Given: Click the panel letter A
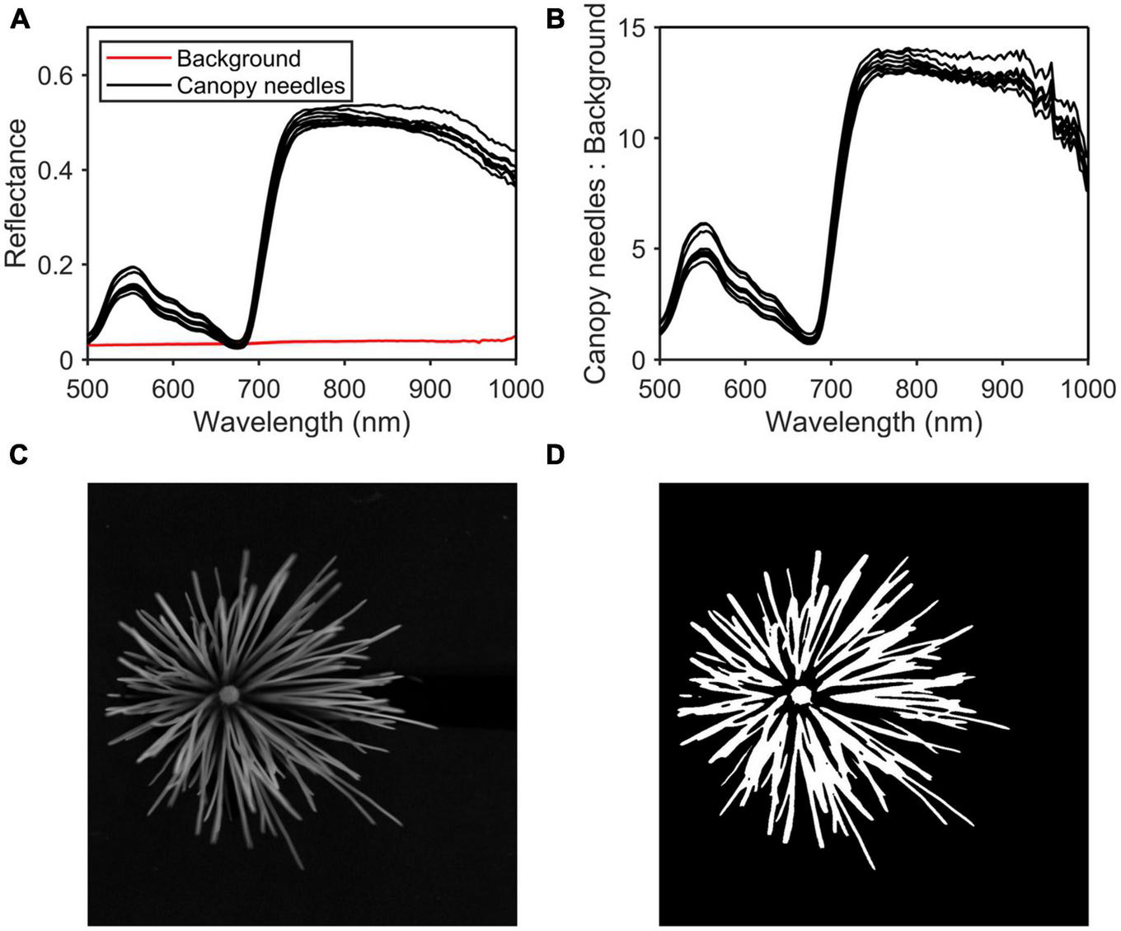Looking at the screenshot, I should pyautogui.click(x=20, y=18).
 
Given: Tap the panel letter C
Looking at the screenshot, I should pyautogui.click(x=20, y=455).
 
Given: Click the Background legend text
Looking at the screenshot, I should pyautogui.click(x=238, y=59).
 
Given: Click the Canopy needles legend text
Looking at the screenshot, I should pyautogui.click(x=260, y=85).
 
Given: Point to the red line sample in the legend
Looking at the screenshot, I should pyautogui.click(x=137, y=59).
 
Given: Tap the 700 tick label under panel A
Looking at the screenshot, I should pyautogui.click(x=258, y=387).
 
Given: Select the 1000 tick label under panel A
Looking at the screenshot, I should pyautogui.click(x=515, y=387).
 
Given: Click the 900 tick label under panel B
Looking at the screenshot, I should pyautogui.click(x=1001, y=387).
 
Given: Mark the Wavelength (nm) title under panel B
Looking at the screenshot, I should pyautogui.click(x=873, y=421).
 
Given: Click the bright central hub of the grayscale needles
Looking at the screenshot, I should pyautogui.click(x=228, y=695).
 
